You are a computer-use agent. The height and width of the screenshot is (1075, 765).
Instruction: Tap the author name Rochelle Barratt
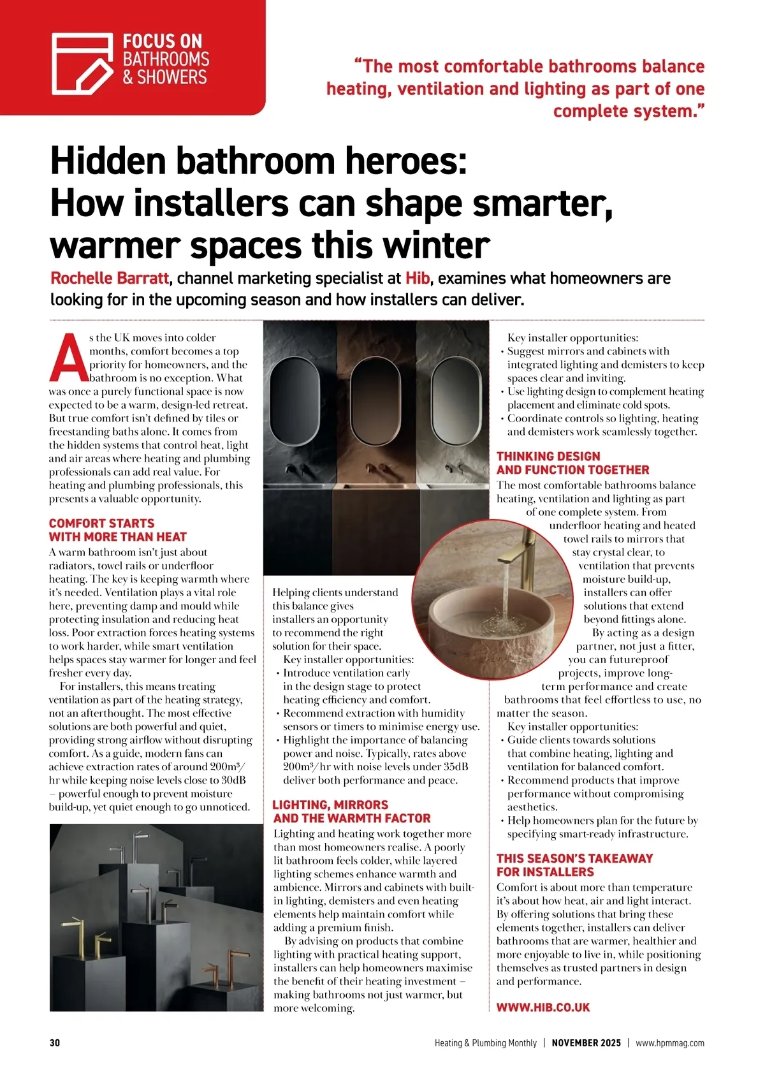click(110, 279)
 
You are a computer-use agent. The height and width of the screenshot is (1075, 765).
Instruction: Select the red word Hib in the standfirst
click(417, 279)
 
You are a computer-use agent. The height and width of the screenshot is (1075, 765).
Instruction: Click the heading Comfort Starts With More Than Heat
click(118, 530)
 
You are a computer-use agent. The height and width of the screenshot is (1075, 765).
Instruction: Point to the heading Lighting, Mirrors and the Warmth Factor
click(351, 811)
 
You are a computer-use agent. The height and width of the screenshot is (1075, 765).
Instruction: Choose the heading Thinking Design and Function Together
click(572, 463)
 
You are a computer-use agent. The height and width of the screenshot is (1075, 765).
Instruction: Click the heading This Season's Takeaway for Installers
click(574, 865)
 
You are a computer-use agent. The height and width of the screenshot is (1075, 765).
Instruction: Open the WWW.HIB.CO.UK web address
click(543, 1007)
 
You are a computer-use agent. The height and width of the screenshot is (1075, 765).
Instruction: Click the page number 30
click(55, 1043)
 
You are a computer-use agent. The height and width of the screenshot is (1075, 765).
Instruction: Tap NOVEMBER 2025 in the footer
click(586, 1043)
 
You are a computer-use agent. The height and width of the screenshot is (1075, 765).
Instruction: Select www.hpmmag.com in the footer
click(670, 1043)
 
